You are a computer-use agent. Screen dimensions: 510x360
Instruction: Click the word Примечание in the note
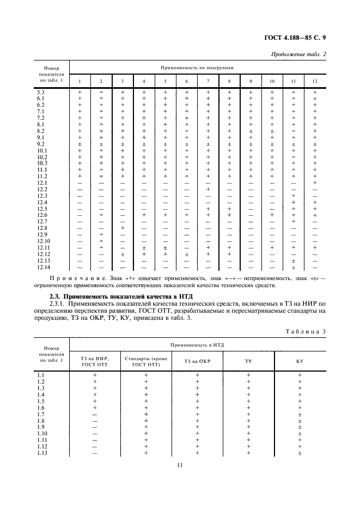click(x=74, y=278)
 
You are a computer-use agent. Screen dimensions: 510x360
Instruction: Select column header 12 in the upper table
click(x=314, y=82)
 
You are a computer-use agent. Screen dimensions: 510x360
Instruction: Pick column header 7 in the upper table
click(x=208, y=82)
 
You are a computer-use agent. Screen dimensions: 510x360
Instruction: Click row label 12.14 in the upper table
click(x=44, y=267)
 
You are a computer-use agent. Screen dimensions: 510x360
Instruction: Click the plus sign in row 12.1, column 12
click(x=315, y=183)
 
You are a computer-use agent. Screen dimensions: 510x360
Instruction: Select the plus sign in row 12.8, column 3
click(x=123, y=228)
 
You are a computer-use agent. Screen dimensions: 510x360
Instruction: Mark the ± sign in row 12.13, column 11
click(x=294, y=260)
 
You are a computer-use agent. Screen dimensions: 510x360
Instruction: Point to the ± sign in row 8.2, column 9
click(x=251, y=131)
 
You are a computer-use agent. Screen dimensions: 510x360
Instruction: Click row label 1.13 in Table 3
click(x=41, y=453)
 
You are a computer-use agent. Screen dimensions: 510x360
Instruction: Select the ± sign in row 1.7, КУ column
click(x=300, y=414)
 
